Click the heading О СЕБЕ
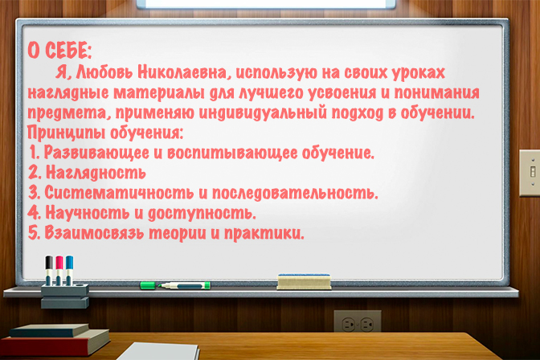click(x=59, y=51)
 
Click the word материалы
click(x=159, y=93)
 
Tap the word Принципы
click(x=66, y=133)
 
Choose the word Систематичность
click(x=119, y=193)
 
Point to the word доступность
click(x=202, y=214)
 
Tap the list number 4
click(x=34, y=213)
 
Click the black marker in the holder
click(x=49, y=270)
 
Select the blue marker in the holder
click(x=69, y=270)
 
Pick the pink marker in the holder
click(x=59, y=270)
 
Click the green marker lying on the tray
click(x=175, y=285)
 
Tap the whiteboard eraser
click(x=304, y=281)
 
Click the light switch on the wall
click(x=530, y=173)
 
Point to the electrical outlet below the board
click(x=358, y=324)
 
